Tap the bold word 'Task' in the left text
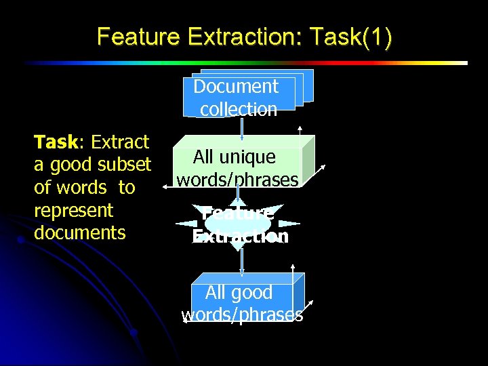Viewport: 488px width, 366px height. [56, 142]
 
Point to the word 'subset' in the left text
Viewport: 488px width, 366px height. [124, 165]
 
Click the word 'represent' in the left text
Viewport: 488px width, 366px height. [73, 210]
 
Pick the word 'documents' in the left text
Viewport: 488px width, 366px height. [79, 233]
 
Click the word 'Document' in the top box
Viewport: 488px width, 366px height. [236, 87]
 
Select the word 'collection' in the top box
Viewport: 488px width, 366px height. [239, 109]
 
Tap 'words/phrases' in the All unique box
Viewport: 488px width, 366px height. [237, 180]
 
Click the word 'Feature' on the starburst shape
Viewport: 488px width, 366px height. [238, 213]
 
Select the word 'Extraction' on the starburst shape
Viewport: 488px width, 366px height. [241, 236]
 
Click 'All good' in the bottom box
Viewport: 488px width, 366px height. [239, 293]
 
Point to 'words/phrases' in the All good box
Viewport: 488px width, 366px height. [242, 315]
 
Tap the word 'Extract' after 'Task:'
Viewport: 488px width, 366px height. [120, 142]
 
